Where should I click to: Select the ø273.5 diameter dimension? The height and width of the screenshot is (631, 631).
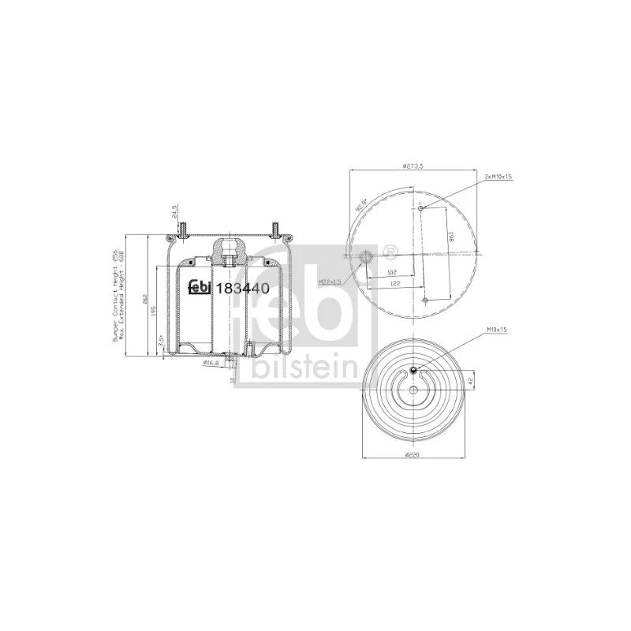click(x=413, y=166)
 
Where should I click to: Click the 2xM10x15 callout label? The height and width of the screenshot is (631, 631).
click(x=498, y=177)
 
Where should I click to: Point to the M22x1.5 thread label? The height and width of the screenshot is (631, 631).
click(x=330, y=282)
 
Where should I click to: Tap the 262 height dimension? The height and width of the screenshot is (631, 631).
click(x=136, y=297)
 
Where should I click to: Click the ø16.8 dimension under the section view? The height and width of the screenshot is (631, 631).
click(x=210, y=363)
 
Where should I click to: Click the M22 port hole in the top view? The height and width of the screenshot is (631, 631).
click(x=365, y=257)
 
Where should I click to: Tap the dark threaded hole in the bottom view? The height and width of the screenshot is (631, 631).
click(x=414, y=372)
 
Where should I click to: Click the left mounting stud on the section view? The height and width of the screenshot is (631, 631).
click(x=182, y=230)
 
